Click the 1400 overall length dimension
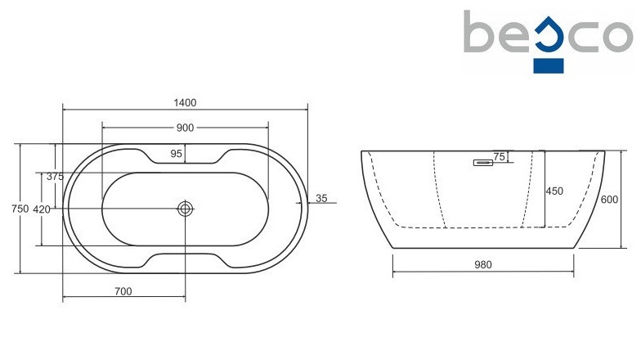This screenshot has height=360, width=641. pos(185,103)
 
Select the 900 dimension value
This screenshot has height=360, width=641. pos(185,128)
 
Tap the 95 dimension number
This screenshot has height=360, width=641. pos(177,154)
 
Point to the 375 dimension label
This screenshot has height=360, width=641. pos(56,177)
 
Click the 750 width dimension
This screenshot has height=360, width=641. pos(20,209)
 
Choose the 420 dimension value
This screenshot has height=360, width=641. pos(41,209)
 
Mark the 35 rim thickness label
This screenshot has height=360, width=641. pos(322,198)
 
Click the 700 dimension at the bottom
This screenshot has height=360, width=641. pos(123,291)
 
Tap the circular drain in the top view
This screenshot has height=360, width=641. pos(185,209)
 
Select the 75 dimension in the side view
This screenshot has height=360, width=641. pos(499,157)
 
